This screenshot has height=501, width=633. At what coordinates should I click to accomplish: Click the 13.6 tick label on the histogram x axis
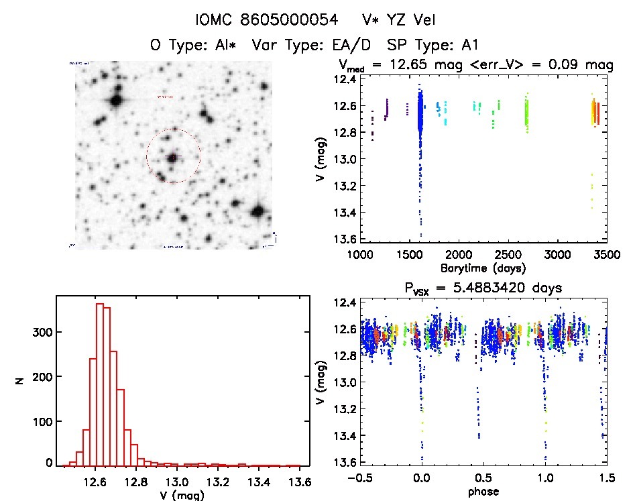point(299,482)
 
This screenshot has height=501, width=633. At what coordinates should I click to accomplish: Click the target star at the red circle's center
point(173,157)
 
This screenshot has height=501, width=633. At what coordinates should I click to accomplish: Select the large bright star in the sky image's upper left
point(116,101)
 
